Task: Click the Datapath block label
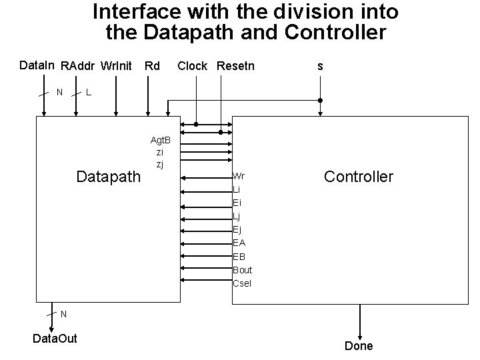pyautogui.click(x=109, y=177)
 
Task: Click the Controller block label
pyautogui.click(x=359, y=177)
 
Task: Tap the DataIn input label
pyautogui.click(x=38, y=65)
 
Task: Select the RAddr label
pyautogui.click(x=78, y=66)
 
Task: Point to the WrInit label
pyautogui.click(x=117, y=66)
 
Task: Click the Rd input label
pyautogui.click(x=152, y=66)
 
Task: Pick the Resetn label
pyautogui.click(x=236, y=66)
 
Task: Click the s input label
pyautogui.click(x=321, y=66)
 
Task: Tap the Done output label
pyautogui.click(x=359, y=346)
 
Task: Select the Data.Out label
pyautogui.click(x=55, y=339)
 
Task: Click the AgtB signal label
pyautogui.click(x=161, y=140)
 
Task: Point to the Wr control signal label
pyautogui.click(x=238, y=177)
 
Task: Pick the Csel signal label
pyautogui.click(x=242, y=283)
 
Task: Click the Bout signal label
pyautogui.click(x=243, y=270)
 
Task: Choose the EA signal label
pyautogui.click(x=239, y=243)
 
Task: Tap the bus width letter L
pyautogui.click(x=89, y=92)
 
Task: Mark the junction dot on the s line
pyautogui.click(x=320, y=101)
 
